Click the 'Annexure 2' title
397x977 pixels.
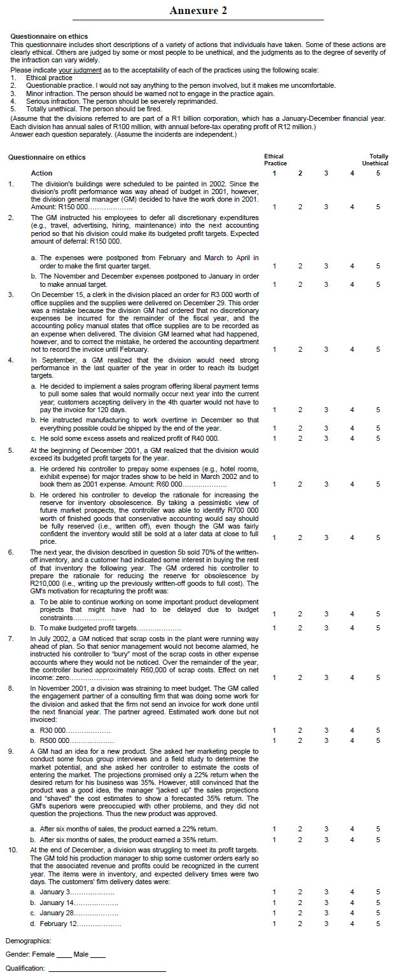tap(198, 10)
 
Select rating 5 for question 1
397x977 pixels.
tap(378, 207)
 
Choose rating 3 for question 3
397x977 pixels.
tap(326, 349)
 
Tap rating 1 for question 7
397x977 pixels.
tap(274, 677)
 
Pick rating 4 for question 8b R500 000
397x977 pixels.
tap(352, 740)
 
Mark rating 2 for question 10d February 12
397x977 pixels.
tap(300, 923)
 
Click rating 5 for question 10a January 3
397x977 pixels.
tap(378, 892)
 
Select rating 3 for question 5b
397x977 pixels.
tap(326, 537)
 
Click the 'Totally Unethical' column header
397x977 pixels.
tap(379, 160)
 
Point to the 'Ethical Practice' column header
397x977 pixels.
tap(274, 160)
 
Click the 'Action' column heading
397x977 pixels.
tap(42, 173)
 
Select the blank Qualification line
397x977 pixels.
tap(107, 969)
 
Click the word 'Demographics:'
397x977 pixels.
tap(28, 940)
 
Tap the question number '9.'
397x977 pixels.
tap(11, 751)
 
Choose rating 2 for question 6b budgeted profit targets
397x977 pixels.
tap(300, 628)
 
